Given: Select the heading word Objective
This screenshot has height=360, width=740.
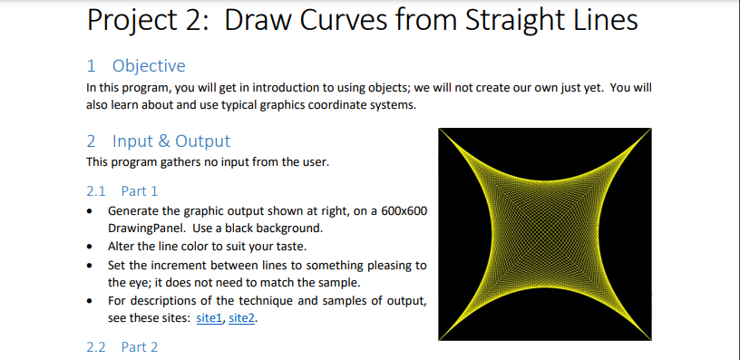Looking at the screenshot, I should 149,65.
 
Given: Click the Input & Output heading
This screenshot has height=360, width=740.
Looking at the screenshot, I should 171,141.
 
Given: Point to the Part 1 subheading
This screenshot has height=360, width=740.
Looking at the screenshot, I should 140,191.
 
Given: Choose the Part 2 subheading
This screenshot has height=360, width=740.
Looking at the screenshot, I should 140,346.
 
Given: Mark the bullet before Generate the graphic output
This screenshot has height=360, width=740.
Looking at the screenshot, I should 90,210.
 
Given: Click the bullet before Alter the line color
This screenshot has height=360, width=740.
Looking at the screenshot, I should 90,246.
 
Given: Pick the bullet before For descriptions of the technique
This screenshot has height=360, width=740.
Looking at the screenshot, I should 90,300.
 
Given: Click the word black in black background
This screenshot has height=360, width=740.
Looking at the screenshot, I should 231,228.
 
